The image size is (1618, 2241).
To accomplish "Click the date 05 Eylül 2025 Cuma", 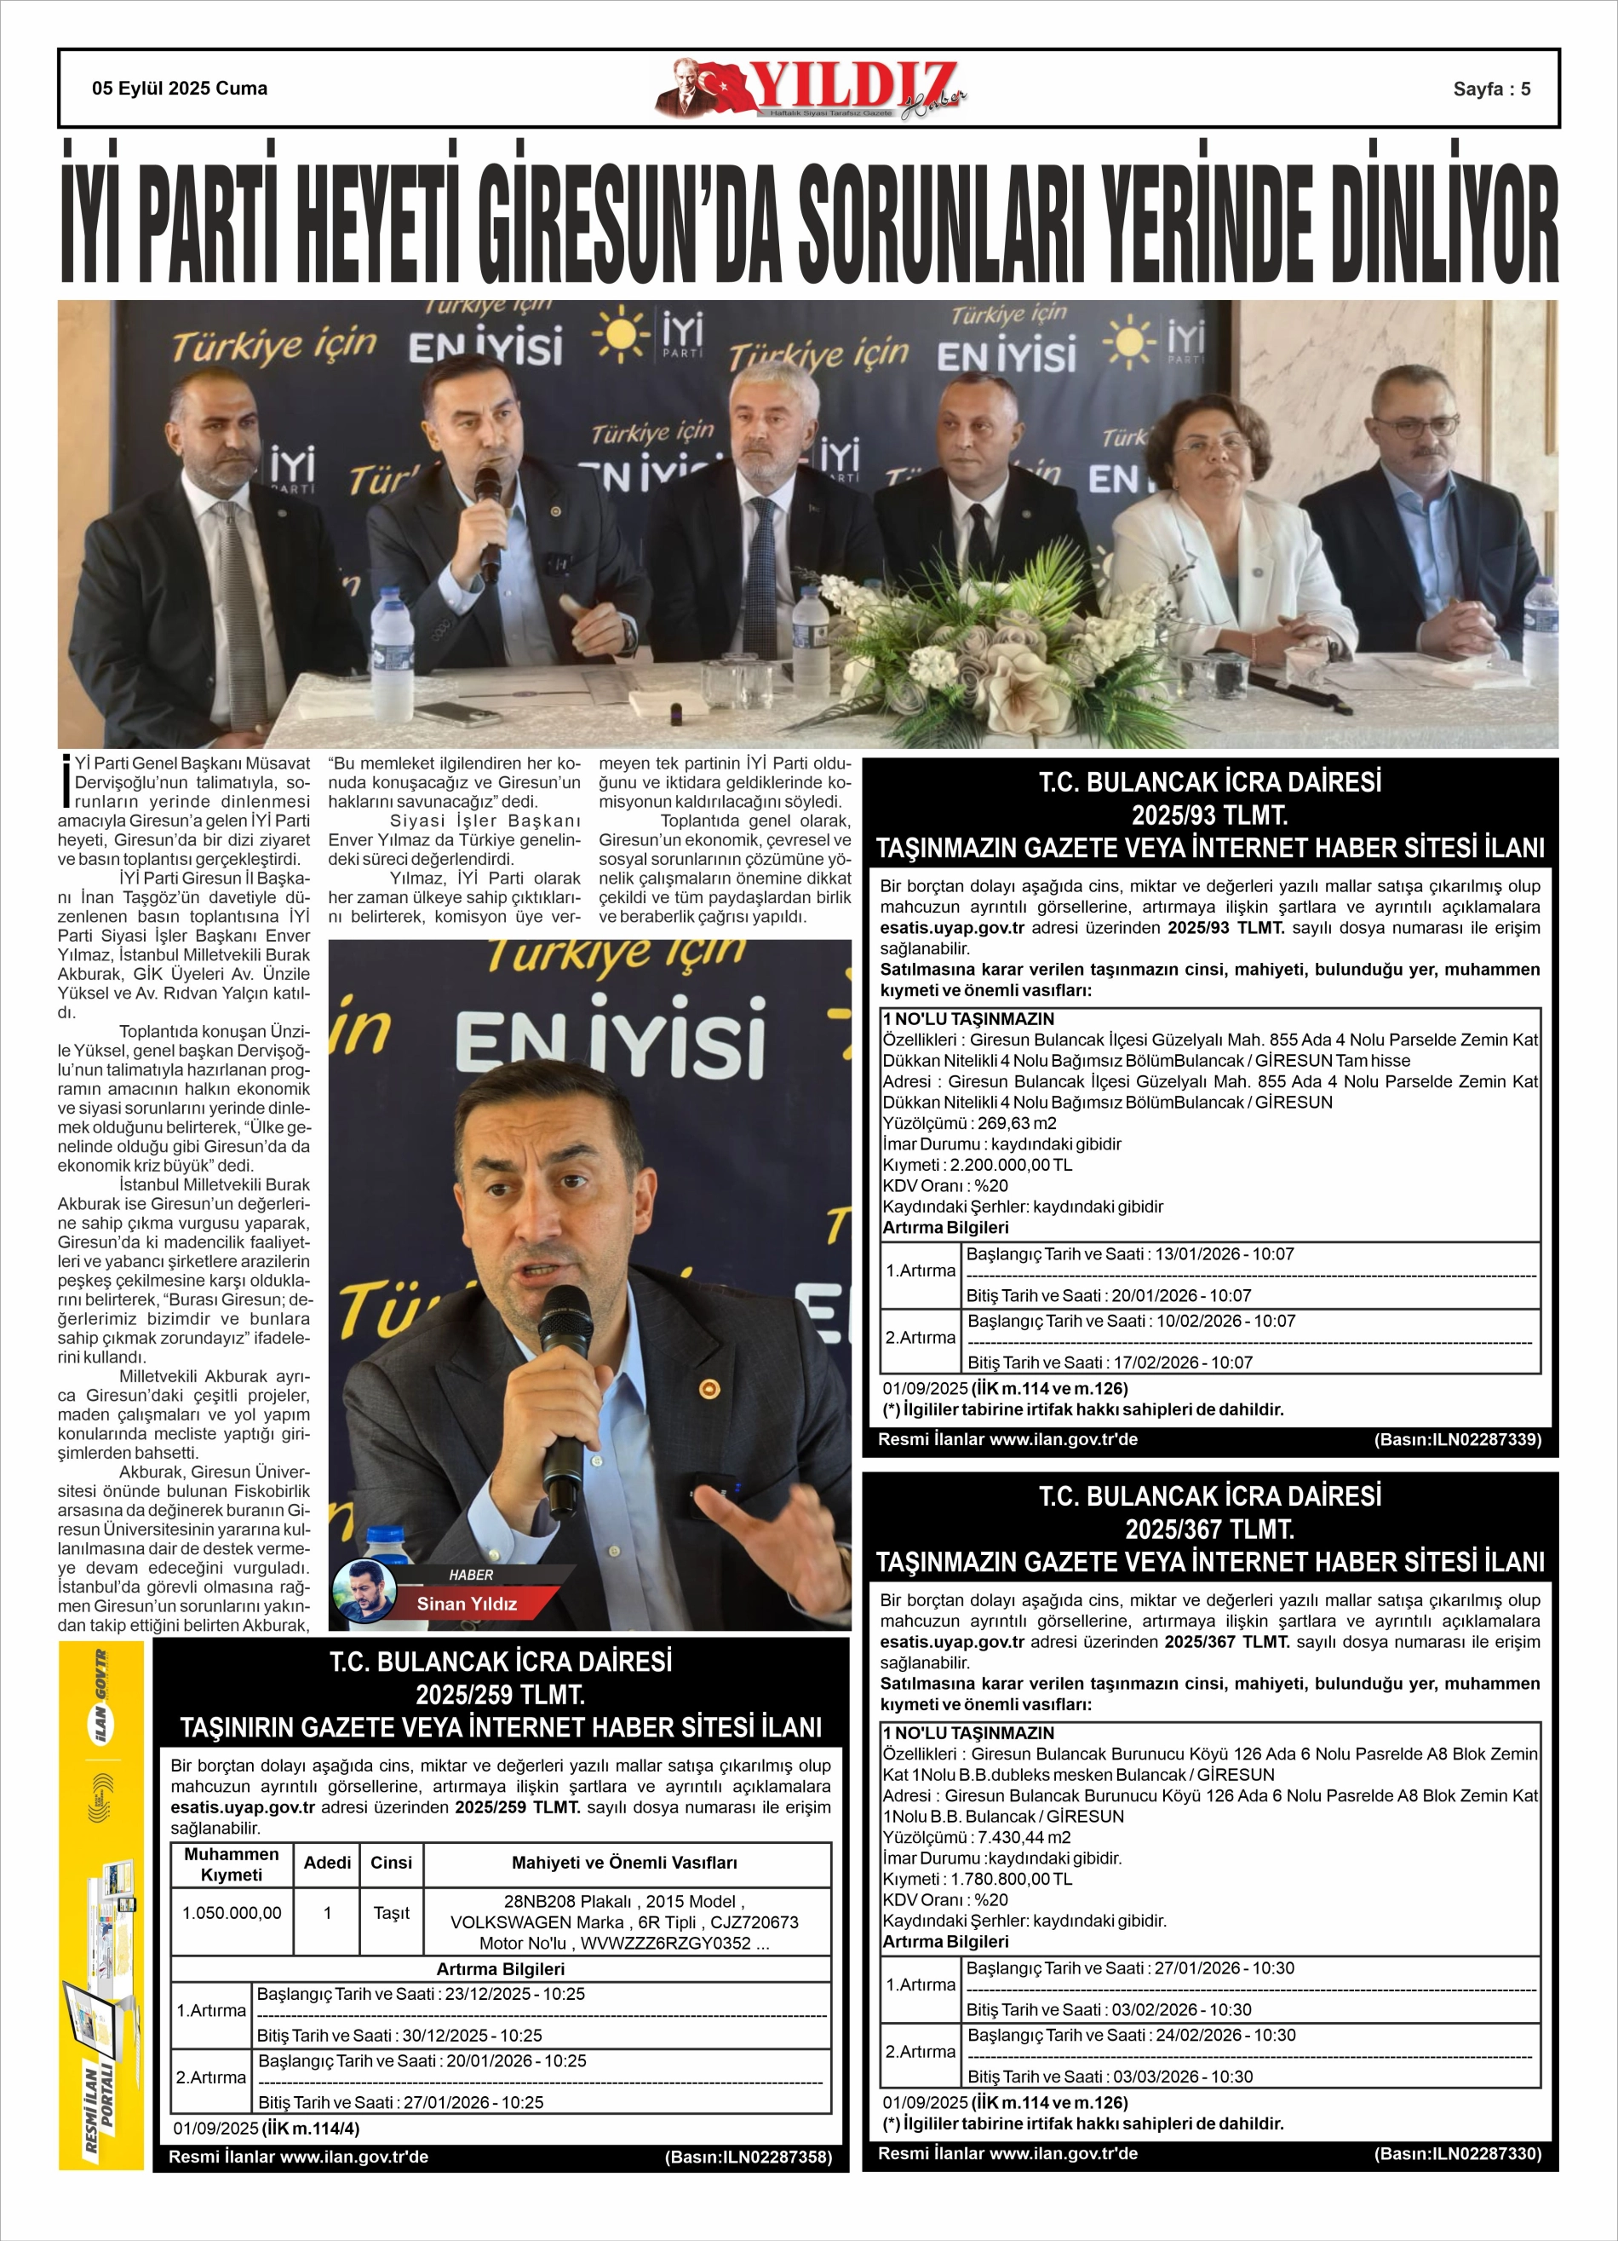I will [x=179, y=89].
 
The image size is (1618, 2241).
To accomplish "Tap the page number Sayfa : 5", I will [x=1490, y=89].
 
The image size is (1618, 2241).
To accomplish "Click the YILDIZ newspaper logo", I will [x=810, y=89].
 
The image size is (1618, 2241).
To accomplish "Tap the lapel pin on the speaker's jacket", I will [x=709, y=1387].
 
